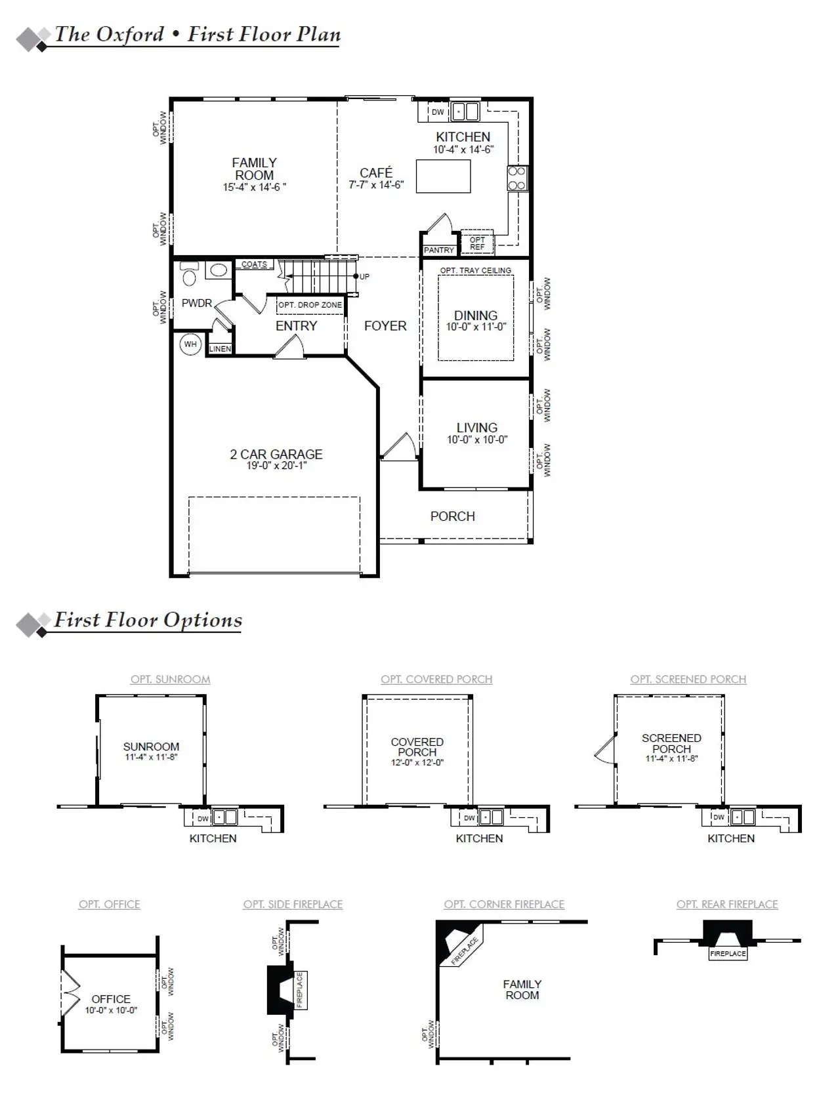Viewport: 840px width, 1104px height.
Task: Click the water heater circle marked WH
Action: (x=190, y=344)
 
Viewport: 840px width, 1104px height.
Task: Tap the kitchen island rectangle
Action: (x=443, y=176)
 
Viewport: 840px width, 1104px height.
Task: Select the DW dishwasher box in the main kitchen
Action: (x=438, y=112)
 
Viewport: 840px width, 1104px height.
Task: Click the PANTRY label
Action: (x=438, y=250)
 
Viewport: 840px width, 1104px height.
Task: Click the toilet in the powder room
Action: (x=189, y=276)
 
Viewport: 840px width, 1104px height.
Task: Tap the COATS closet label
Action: (x=254, y=264)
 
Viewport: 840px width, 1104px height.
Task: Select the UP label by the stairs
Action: (x=364, y=276)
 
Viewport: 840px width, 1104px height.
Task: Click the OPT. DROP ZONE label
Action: (x=310, y=305)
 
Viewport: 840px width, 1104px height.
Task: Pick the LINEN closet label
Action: (x=220, y=349)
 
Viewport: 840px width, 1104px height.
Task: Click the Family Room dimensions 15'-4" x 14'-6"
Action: (x=254, y=188)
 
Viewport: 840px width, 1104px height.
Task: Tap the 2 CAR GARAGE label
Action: (x=276, y=454)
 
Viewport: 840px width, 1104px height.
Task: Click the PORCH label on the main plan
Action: (x=452, y=516)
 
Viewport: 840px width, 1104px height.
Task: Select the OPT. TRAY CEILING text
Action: (x=475, y=270)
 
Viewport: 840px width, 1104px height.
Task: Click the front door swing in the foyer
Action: (x=399, y=447)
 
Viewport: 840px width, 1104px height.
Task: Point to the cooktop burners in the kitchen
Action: (x=516, y=178)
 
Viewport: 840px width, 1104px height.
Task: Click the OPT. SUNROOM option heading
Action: (x=170, y=679)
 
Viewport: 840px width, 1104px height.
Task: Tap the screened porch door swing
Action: (x=605, y=749)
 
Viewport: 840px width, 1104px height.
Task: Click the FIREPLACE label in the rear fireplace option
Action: (x=728, y=953)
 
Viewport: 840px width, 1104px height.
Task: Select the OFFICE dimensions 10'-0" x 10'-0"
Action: (x=111, y=1010)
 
